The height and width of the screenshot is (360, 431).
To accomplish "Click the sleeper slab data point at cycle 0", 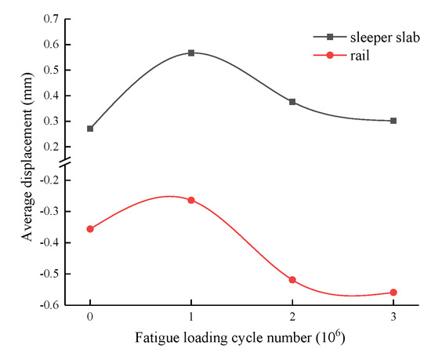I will [x=90, y=129].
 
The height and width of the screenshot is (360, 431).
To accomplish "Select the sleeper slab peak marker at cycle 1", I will [x=191, y=53].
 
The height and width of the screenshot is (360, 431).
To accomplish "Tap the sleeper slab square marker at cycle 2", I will [x=292, y=102].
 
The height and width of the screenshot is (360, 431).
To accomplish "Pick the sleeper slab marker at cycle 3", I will [x=393, y=121].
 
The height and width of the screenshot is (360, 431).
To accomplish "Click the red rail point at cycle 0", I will [x=90, y=229].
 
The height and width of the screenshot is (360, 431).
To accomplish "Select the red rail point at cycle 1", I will [x=191, y=200].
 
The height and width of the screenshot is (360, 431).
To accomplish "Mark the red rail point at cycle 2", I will [x=292, y=280].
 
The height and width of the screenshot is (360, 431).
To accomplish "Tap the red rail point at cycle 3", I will [x=393, y=293].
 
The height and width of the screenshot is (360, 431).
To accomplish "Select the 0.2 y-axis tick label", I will [x=53, y=147].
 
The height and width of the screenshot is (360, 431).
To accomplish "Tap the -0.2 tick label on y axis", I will [x=51, y=180].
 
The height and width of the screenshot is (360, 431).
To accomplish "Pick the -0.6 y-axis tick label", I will [x=51, y=305].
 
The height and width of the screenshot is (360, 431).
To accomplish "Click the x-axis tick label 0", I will [x=90, y=320].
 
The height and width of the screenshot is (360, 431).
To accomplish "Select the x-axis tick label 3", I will [x=393, y=320].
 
